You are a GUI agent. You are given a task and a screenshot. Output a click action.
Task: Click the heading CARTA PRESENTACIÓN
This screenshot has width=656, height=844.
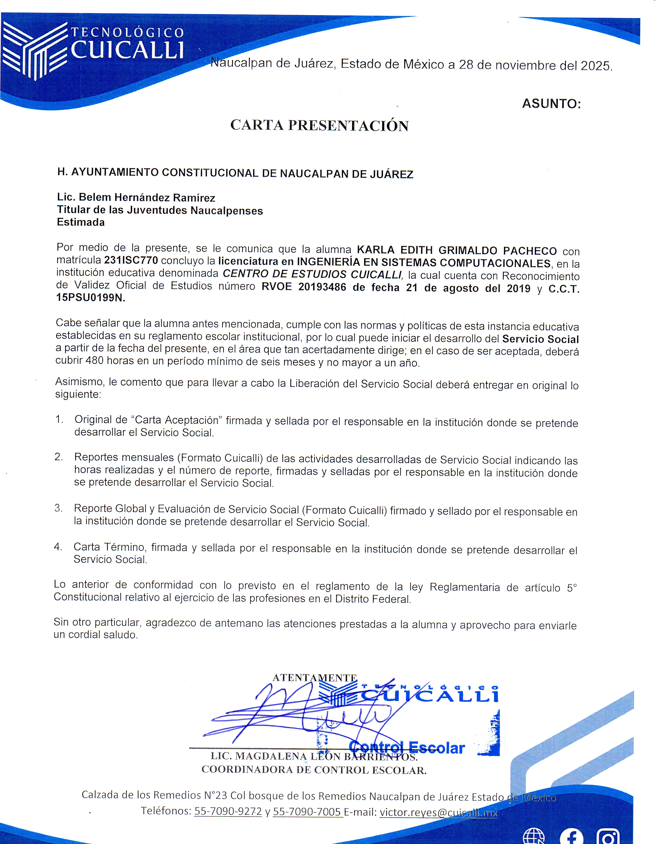pos(319,125)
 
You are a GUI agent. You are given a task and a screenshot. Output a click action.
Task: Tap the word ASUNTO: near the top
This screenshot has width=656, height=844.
pos(551,104)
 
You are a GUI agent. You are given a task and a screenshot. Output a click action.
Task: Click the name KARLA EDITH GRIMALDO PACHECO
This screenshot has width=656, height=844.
pos(457,250)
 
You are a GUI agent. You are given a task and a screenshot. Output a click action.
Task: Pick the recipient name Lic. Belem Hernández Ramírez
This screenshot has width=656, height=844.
pos(136,197)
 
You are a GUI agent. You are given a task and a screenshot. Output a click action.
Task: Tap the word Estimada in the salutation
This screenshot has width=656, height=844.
pos(81,222)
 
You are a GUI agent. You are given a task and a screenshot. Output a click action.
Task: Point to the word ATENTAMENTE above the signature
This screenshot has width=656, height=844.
pos(314,678)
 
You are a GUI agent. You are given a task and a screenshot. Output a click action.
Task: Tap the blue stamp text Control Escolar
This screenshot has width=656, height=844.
pos(407,747)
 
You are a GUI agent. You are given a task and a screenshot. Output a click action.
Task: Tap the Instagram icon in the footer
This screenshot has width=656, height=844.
pos(608,837)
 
